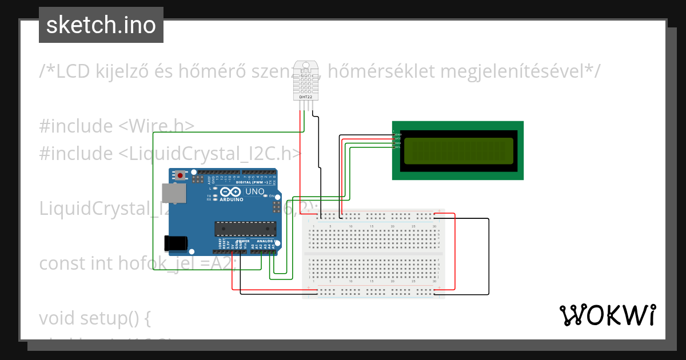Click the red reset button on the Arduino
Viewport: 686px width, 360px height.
[181, 175]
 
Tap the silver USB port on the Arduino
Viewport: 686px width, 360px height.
[173, 193]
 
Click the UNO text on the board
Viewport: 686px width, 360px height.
[254, 191]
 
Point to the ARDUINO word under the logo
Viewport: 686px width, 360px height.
[231, 199]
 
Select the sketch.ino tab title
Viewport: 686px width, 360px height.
[101, 25]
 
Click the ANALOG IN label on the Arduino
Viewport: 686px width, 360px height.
[265, 241]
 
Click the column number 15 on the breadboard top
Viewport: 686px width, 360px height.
[372, 227]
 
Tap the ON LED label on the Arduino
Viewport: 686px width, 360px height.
[272, 195]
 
